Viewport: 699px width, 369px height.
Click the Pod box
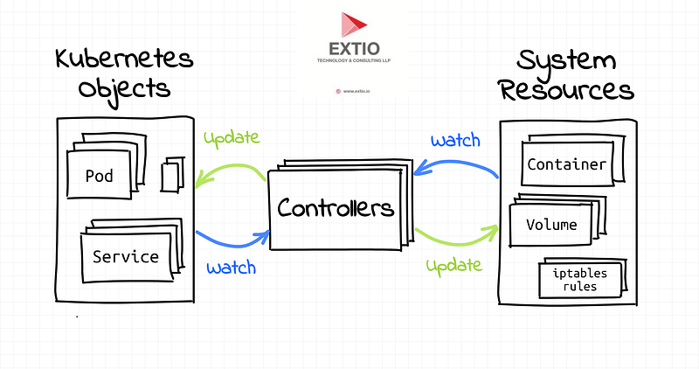100,175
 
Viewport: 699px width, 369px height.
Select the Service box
126,257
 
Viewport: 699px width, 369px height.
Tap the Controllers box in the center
336,208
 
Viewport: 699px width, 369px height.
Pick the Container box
566,164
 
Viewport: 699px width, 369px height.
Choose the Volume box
551,224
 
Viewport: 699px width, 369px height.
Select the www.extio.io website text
353,90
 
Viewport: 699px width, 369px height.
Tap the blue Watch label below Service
231,268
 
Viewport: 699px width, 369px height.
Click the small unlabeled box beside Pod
172,176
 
